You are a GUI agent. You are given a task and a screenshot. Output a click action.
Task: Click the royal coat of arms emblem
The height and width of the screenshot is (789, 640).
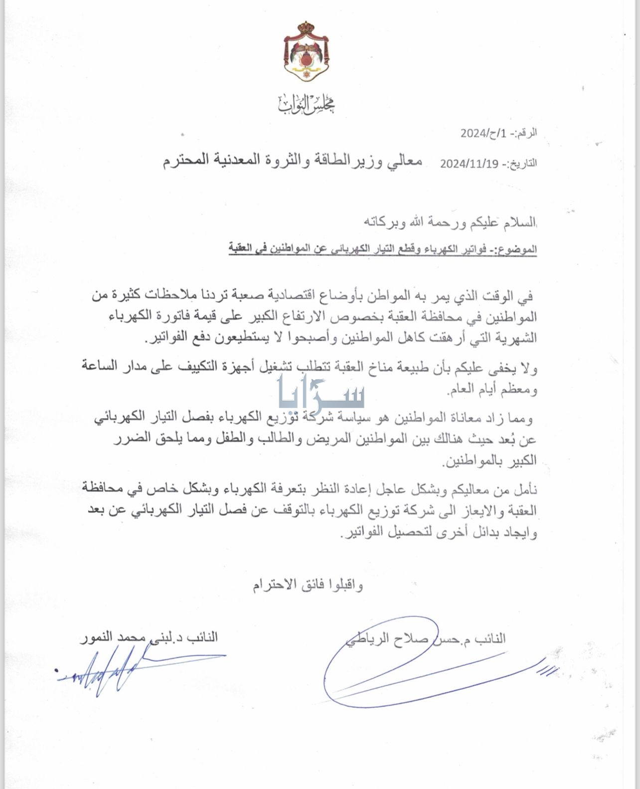pyautogui.click(x=306, y=52)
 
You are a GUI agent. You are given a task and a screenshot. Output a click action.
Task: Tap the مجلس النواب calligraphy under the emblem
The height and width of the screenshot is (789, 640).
pyautogui.click(x=306, y=103)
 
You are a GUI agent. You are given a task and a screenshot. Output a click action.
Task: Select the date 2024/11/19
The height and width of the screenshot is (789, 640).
pyautogui.click(x=469, y=164)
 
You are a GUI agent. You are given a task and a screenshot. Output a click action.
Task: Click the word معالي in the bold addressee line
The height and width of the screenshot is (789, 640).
pyautogui.click(x=403, y=161)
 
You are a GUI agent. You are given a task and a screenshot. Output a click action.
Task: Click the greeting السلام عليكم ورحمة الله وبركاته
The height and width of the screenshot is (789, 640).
pyautogui.click(x=452, y=222)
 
